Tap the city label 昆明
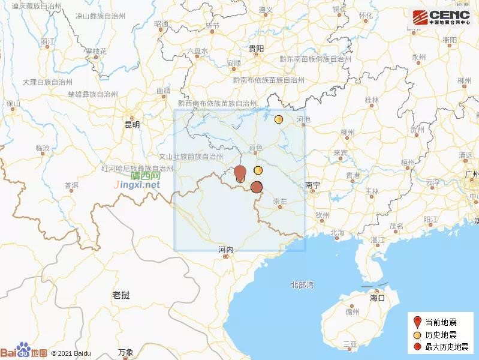point(131,125)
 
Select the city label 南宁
point(312,185)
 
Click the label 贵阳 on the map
point(256,49)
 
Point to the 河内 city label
point(225,249)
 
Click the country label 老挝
point(120,295)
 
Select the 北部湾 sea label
point(302,284)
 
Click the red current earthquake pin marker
point(240,172)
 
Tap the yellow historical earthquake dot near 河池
point(279,119)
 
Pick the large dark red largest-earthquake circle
point(257,187)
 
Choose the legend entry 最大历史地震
point(444,346)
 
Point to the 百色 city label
point(256,147)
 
